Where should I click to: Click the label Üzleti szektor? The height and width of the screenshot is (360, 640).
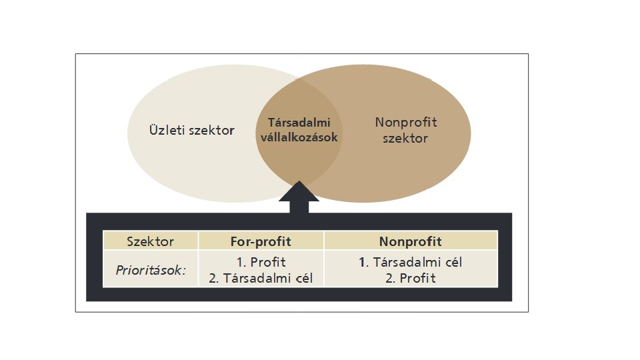[x=191, y=131]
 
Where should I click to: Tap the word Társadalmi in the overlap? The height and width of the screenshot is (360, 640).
[x=299, y=123]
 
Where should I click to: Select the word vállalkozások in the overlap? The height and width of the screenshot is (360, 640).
[x=299, y=137]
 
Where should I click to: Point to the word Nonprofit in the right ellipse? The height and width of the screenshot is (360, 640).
[x=406, y=123]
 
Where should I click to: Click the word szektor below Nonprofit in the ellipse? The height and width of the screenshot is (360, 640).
[x=406, y=139]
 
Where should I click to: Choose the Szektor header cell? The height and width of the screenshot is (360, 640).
[x=151, y=241]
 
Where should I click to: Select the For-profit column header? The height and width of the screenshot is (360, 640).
[x=261, y=241]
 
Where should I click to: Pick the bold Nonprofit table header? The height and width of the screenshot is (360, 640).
[x=410, y=241]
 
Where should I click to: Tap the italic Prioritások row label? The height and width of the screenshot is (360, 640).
[x=151, y=271]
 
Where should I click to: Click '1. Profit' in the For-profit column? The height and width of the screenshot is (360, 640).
[x=261, y=263]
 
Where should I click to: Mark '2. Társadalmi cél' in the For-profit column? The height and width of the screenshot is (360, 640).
[x=261, y=279]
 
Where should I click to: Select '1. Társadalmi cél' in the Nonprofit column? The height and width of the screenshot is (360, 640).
[x=410, y=263]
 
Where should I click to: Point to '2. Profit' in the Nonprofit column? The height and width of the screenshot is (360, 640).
[x=410, y=279]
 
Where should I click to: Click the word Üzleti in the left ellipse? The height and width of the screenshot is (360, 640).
[x=167, y=131]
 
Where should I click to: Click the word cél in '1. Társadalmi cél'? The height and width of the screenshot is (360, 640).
[x=452, y=263]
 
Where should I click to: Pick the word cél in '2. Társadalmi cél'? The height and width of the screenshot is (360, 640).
[x=302, y=279]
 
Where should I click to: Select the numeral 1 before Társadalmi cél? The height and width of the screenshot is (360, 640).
[x=362, y=263]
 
